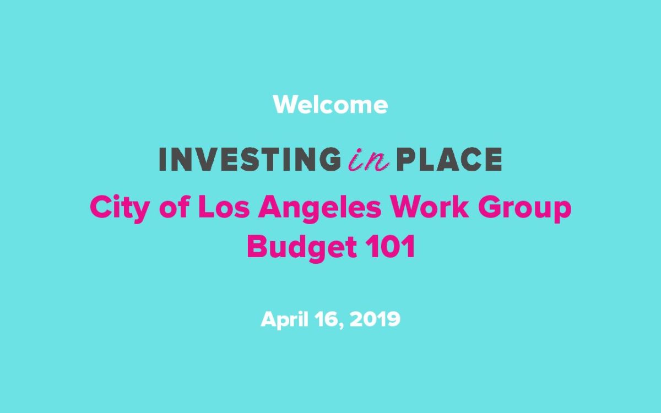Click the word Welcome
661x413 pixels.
pyautogui.click(x=330, y=105)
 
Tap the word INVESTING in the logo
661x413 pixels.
pyautogui.click(x=250, y=159)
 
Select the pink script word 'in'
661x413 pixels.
pyautogui.click(x=369, y=160)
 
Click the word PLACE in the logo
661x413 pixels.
pyautogui.click(x=449, y=159)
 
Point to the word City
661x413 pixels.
pyautogui.click(x=119, y=208)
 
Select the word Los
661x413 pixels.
pyautogui.click(x=224, y=207)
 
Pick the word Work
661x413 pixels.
pyautogui.click(x=429, y=207)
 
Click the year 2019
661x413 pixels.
pyautogui.click(x=375, y=319)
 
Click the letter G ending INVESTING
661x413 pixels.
pyautogui.click(x=330, y=159)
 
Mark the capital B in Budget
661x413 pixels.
pyautogui.click(x=257, y=247)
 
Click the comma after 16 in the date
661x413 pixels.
pyautogui.click(x=342, y=325)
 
